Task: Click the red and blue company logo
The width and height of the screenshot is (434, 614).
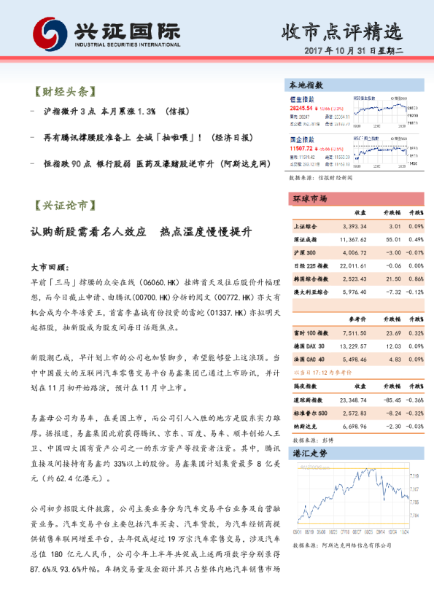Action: click(x=49, y=32)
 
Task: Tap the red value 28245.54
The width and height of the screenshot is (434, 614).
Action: click(x=304, y=107)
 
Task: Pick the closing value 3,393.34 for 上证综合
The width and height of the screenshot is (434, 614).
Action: click(x=352, y=227)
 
